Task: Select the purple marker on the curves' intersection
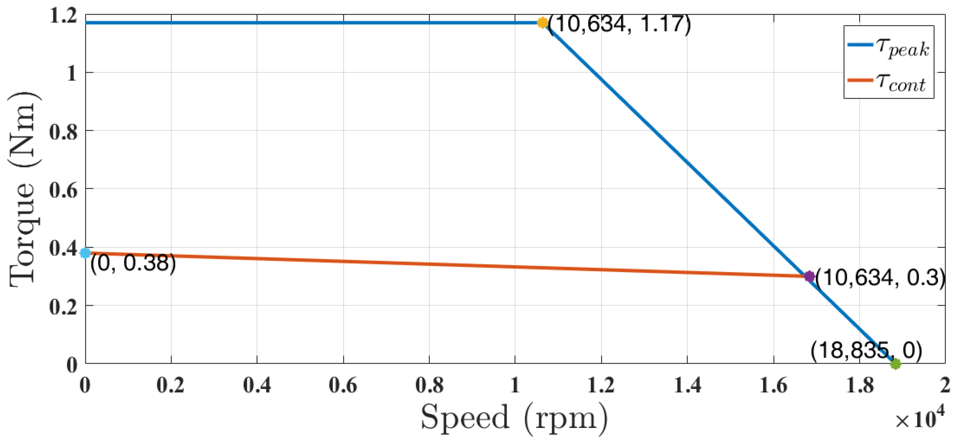pyautogui.click(x=809, y=276)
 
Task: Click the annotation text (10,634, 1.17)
pyautogui.click(x=619, y=24)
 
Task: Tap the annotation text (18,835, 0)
pyautogui.click(x=866, y=350)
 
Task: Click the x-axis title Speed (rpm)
pyautogui.click(x=514, y=418)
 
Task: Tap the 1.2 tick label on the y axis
pyautogui.click(x=63, y=16)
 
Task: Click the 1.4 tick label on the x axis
pyautogui.click(x=687, y=385)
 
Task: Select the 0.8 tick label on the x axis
pyautogui.click(x=429, y=385)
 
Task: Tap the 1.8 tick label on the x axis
pyautogui.click(x=859, y=385)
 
